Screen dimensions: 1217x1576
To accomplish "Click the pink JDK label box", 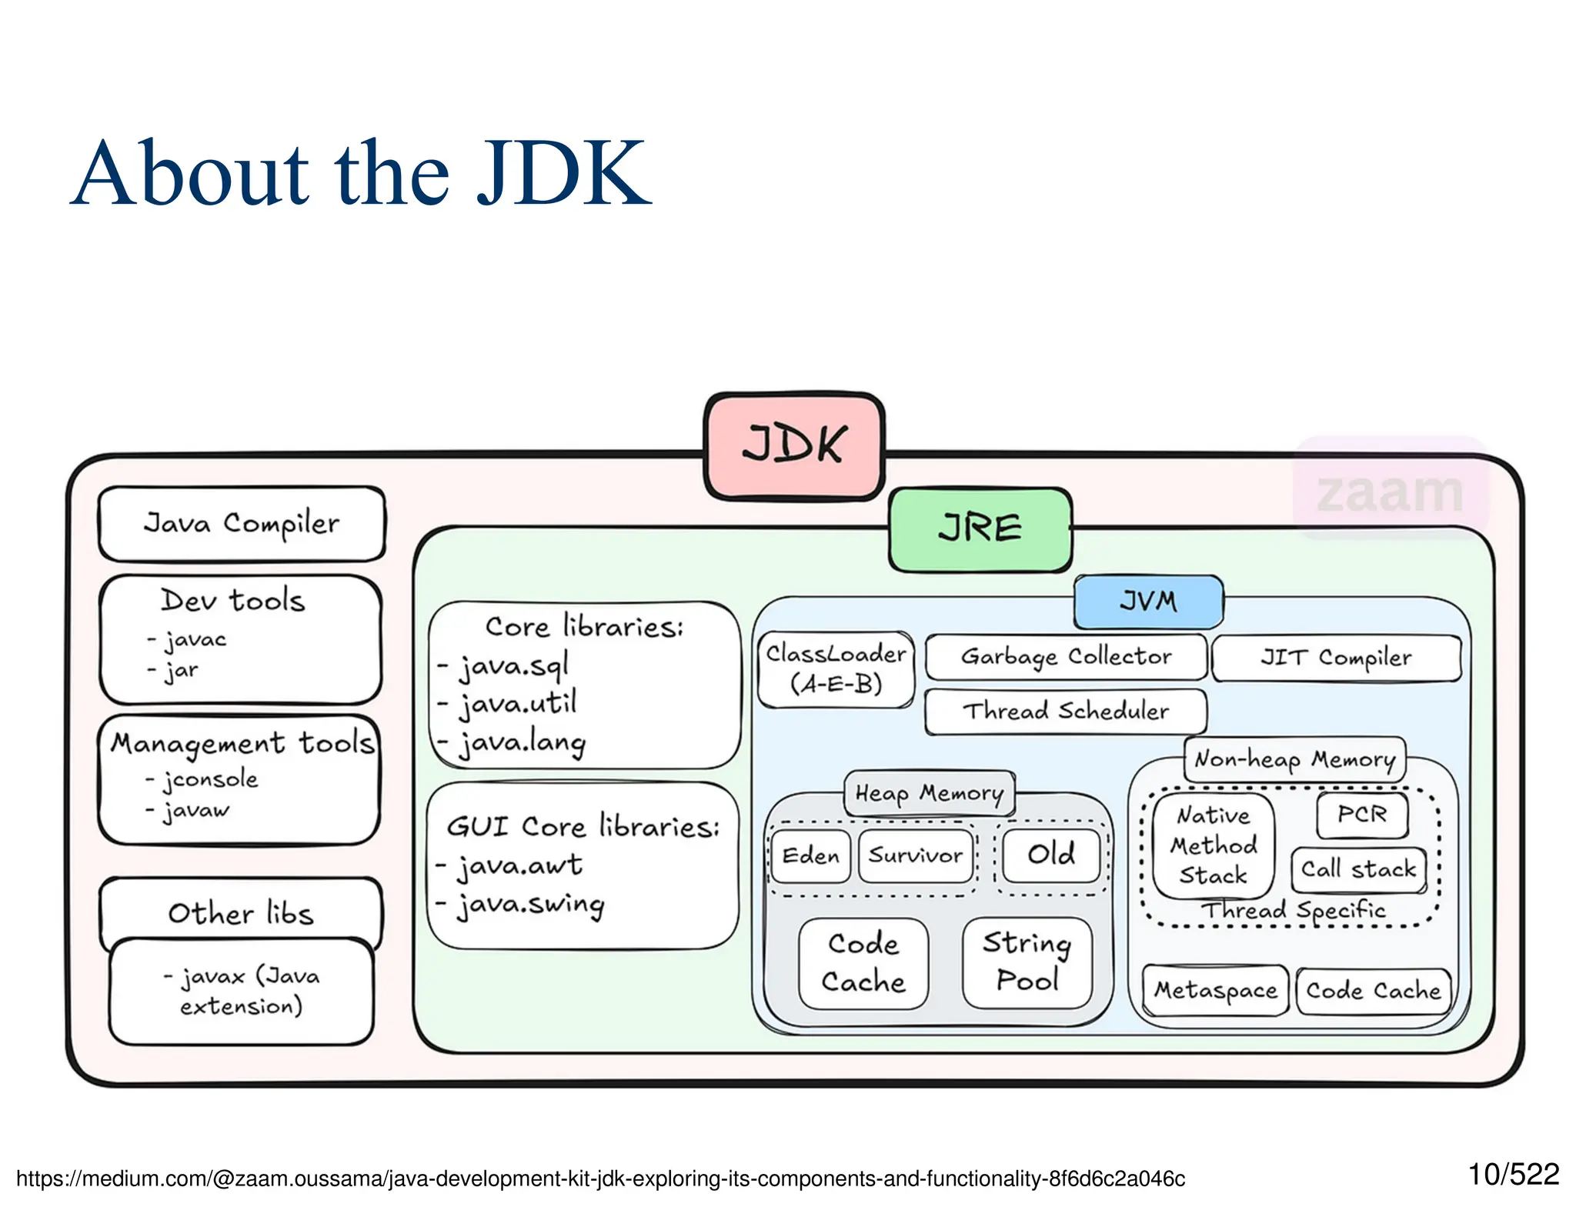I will pyautogui.click(x=794, y=445).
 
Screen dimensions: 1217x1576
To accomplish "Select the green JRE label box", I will pyautogui.click(x=980, y=529).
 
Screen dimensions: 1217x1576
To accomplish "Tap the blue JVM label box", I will pyautogui.click(x=1148, y=601).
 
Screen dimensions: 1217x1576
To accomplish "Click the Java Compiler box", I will pyautogui.click(x=242, y=523).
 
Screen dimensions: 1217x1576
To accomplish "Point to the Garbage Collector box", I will pyautogui.click(x=1066, y=657).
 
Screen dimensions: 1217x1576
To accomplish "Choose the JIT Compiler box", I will pyautogui.click(x=1336, y=658).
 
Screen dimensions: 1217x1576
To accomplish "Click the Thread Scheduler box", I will pyautogui.click(x=1065, y=711).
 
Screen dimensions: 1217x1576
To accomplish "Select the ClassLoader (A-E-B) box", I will pyautogui.click(x=836, y=669).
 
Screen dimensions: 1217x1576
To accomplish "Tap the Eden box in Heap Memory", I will pyautogui.click(x=810, y=855).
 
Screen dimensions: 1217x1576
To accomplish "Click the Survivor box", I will pyautogui.click(x=916, y=855).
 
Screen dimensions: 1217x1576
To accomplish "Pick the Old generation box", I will pyautogui.click(x=1051, y=854).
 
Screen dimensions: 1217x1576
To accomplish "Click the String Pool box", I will pyautogui.click(x=1027, y=962).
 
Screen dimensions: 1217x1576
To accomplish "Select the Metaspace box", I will pyautogui.click(x=1215, y=990).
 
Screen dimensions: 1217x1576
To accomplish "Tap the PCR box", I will pyautogui.click(x=1361, y=814).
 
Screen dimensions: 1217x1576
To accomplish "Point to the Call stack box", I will pyautogui.click(x=1358, y=869).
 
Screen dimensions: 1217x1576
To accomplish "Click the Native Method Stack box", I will pyautogui.click(x=1213, y=845).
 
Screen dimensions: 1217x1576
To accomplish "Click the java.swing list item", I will pyautogui.click(x=531, y=904).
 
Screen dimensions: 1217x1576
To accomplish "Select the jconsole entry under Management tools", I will pyautogui.click(x=209, y=779).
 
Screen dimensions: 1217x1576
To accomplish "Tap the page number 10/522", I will pyautogui.click(x=1513, y=1175).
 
